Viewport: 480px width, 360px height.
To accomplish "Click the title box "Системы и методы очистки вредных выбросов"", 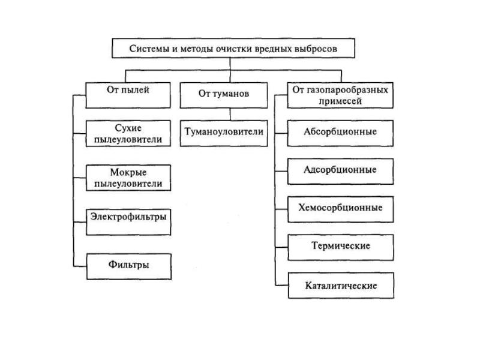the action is point(233,48).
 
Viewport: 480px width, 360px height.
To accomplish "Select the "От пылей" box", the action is point(128,95).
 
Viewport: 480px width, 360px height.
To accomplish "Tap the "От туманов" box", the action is point(224,95).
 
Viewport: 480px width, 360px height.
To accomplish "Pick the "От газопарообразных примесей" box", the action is point(340,95).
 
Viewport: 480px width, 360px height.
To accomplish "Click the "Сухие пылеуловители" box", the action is point(128,133).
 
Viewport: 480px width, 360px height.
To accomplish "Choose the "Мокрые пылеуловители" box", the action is point(128,178).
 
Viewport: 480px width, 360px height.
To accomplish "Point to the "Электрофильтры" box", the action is point(128,222).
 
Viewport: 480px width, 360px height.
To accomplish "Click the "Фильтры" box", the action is point(129,266).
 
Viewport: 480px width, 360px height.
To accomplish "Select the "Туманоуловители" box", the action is point(224,133).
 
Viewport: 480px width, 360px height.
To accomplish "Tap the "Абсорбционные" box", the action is point(340,133).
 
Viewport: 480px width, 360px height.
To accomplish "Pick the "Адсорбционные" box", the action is point(340,172).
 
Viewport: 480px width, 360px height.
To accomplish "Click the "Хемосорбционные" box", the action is point(341,209).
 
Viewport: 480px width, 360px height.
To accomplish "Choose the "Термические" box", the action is point(341,248).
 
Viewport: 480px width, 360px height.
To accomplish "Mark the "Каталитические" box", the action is point(341,286).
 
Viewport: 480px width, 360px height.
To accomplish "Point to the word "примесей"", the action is point(340,101).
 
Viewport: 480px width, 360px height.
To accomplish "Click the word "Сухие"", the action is point(128,128).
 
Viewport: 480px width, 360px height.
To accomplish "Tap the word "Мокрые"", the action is point(128,172).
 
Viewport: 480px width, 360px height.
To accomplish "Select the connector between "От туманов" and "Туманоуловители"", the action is point(230,115).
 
